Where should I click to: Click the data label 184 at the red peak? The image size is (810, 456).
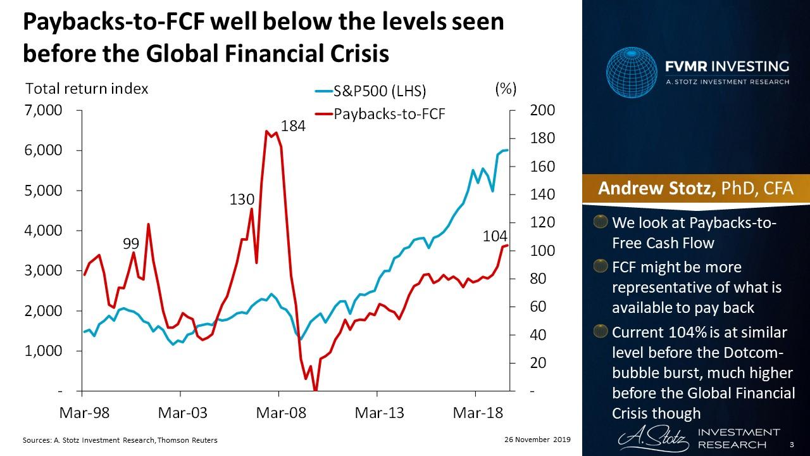click(x=293, y=126)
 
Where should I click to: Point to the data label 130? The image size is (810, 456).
click(x=241, y=200)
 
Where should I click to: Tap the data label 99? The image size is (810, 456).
click(x=131, y=243)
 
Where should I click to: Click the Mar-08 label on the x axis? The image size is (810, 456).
click(x=280, y=413)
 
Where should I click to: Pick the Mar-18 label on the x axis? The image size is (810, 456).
click(x=477, y=413)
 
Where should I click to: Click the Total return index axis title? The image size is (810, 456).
click(x=87, y=89)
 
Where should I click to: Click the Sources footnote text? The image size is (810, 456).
click(x=120, y=440)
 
